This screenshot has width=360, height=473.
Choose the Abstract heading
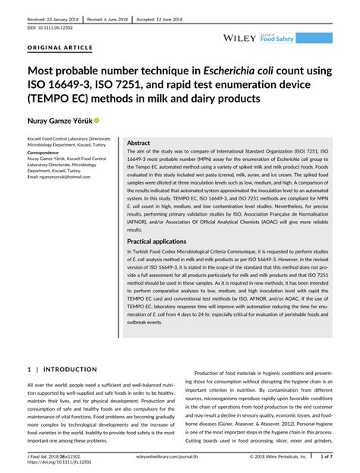pyautogui.click(x=138, y=143)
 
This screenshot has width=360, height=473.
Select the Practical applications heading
pyautogui.click(x=158, y=241)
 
